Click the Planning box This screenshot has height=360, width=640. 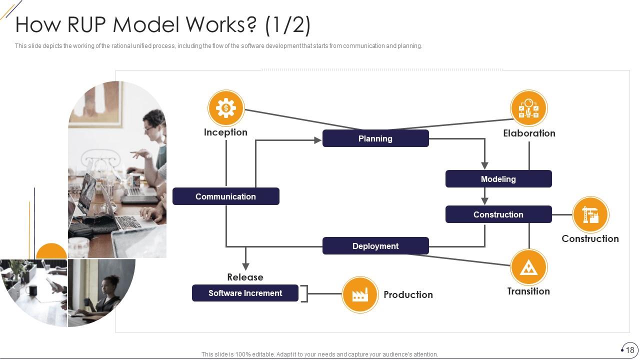pyautogui.click(x=375, y=138)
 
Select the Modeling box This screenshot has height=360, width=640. pyautogui.click(x=498, y=179)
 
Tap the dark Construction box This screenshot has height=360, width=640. pyautogui.click(x=498, y=214)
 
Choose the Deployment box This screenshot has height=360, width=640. pyautogui.click(x=375, y=246)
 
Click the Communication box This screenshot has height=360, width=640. pyautogui.click(x=225, y=196)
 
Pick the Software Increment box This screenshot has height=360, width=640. pyautogui.click(x=245, y=293)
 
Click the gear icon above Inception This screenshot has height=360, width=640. pyautogui.click(x=226, y=108)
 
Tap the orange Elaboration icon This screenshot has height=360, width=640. pyautogui.click(x=528, y=108)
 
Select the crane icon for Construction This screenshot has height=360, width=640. pyautogui.click(x=590, y=215)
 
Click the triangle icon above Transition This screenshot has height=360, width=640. pyautogui.click(x=528, y=267)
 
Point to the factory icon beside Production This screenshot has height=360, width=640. pyautogui.click(x=360, y=295)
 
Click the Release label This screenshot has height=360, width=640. pyautogui.click(x=245, y=277)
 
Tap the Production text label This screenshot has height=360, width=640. pyautogui.click(x=408, y=295)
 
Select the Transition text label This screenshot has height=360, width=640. pyautogui.click(x=528, y=291)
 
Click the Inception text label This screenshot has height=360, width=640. pyautogui.click(x=225, y=132)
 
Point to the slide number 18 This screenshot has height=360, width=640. pyautogui.click(x=629, y=350)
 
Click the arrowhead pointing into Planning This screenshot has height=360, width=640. pyautogui.click(x=317, y=140)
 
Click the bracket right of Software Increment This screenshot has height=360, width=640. pyautogui.click(x=304, y=293)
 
